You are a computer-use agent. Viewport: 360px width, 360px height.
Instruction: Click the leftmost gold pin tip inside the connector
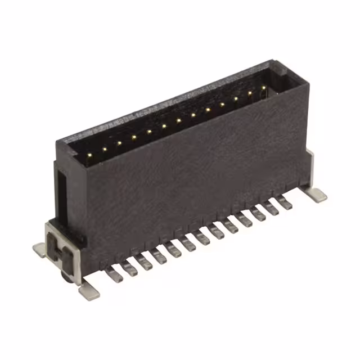tap(90, 153)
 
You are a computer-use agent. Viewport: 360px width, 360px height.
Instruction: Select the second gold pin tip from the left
tap(105, 148)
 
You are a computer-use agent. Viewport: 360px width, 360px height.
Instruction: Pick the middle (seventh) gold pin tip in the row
tap(178, 119)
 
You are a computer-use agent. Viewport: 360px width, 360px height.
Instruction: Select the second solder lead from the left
tap(129, 266)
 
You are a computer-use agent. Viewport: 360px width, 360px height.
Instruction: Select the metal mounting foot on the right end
tap(318, 194)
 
